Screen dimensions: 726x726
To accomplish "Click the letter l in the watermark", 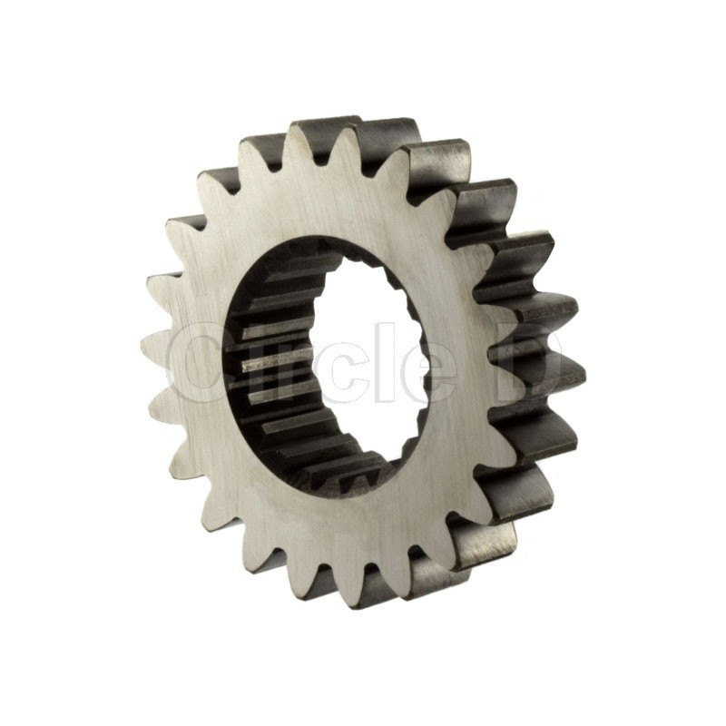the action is click(378, 362).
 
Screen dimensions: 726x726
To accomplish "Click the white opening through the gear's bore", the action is click(366, 361).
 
